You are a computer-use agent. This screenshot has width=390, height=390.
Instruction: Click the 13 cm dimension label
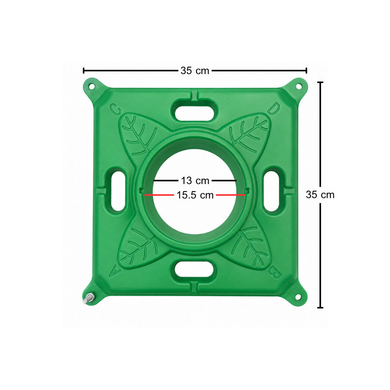[195, 181]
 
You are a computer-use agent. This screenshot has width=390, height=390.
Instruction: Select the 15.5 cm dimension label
[195, 195]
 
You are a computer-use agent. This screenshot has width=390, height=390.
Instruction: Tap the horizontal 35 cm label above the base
[195, 71]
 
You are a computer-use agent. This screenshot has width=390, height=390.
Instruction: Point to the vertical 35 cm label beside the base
[320, 195]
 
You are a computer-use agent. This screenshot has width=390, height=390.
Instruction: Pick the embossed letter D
[274, 108]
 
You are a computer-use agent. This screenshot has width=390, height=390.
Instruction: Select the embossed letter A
[115, 271]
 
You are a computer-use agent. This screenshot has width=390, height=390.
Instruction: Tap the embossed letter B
[275, 273]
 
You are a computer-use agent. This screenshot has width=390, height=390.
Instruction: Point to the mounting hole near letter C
[92, 87]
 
